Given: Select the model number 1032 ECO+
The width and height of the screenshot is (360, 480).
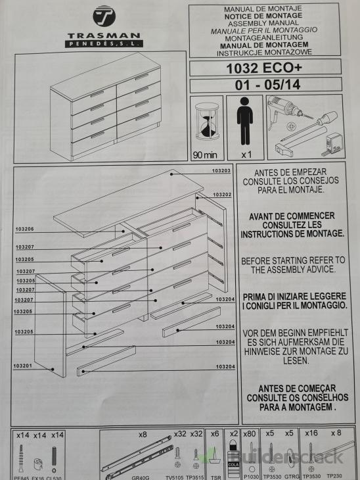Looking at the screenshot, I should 265,67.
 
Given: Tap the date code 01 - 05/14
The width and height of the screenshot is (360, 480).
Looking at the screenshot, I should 265,85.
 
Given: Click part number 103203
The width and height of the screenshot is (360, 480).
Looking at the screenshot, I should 221,170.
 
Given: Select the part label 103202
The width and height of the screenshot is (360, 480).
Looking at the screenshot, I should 222,195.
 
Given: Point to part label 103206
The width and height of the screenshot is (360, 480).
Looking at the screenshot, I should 24,229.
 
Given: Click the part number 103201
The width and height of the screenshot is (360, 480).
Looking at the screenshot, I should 22,366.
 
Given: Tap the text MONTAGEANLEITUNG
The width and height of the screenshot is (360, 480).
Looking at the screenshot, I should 265,37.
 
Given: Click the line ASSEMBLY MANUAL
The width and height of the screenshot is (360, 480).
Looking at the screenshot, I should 265,23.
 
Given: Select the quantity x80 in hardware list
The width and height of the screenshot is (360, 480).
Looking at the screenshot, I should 248,434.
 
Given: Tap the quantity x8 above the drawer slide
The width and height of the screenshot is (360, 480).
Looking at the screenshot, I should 143,434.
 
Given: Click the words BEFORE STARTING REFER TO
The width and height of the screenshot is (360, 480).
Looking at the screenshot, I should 292,260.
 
